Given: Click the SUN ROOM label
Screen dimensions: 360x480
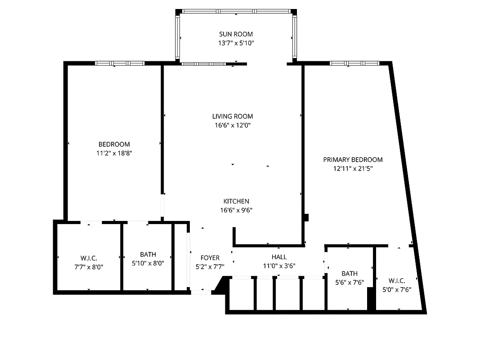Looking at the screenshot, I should (x=236, y=34).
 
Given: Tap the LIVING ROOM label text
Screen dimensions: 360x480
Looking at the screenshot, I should (x=233, y=116).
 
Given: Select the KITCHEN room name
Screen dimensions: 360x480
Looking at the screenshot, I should (x=236, y=201).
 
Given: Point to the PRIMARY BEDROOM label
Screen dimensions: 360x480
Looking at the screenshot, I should (x=353, y=160).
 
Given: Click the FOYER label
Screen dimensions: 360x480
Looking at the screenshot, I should (x=210, y=258).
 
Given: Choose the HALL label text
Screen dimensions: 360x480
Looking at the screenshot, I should (x=279, y=257).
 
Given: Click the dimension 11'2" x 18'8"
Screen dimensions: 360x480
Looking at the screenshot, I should (x=114, y=153).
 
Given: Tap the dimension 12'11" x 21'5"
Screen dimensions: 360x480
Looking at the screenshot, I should (x=353, y=169).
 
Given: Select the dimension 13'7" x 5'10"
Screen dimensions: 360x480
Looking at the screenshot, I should (x=236, y=43).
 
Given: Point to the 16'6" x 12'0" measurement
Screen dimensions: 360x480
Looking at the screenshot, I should (x=233, y=125).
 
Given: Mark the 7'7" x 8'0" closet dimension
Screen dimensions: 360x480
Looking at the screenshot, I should (x=89, y=266).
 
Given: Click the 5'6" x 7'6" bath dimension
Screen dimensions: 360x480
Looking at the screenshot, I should (x=350, y=282).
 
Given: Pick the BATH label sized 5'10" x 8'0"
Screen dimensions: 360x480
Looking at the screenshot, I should (x=148, y=255).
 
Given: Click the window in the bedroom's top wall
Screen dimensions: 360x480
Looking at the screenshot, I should (x=119, y=63).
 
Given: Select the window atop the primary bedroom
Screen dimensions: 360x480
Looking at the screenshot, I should (x=354, y=63).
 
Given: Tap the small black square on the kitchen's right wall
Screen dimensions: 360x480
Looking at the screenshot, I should (x=306, y=217).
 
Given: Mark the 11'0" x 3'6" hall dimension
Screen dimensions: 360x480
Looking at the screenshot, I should (x=279, y=266).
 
